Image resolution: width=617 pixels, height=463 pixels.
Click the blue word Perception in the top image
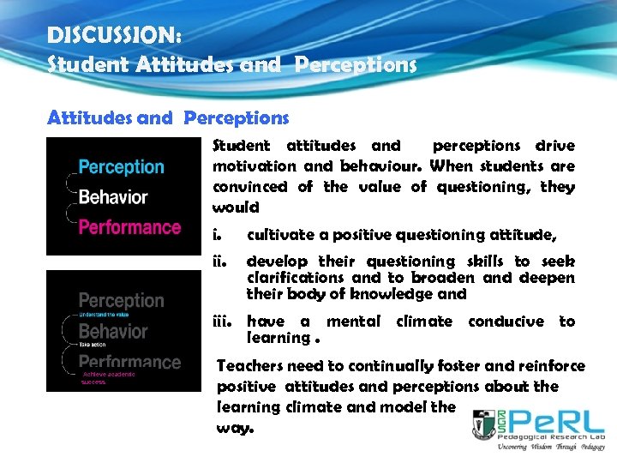click(x=121, y=167)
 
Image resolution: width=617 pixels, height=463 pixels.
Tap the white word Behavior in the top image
click(x=113, y=197)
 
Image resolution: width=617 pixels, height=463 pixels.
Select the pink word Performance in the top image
click(x=129, y=227)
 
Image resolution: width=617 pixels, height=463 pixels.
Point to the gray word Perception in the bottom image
click(x=121, y=301)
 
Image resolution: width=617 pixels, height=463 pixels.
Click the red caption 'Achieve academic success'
click(x=105, y=378)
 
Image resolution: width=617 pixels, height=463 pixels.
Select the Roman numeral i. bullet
click(x=218, y=235)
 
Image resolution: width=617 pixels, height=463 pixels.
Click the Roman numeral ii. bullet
click(x=219, y=262)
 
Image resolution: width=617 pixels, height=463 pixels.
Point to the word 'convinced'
click(x=250, y=187)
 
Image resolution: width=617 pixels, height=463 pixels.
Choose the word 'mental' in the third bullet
click(x=353, y=322)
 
